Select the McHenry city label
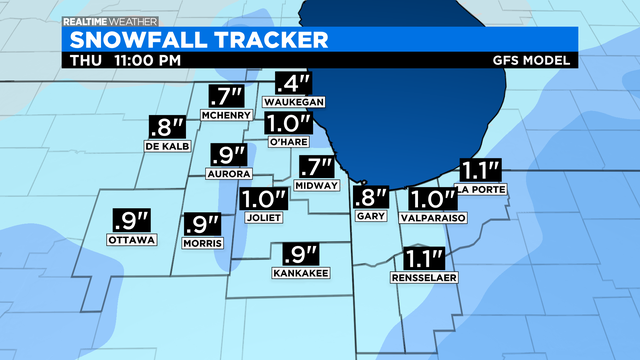point(225,116)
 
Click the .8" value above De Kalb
point(167,128)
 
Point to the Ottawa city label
point(127,240)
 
